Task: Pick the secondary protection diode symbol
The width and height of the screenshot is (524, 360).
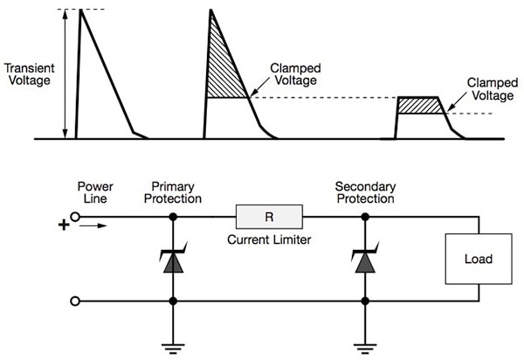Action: (361, 259)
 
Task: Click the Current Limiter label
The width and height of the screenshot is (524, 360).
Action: (269, 238)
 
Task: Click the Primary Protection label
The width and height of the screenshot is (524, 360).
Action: (177, 192)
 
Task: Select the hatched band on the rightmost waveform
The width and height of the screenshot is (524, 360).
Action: (421, 106)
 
